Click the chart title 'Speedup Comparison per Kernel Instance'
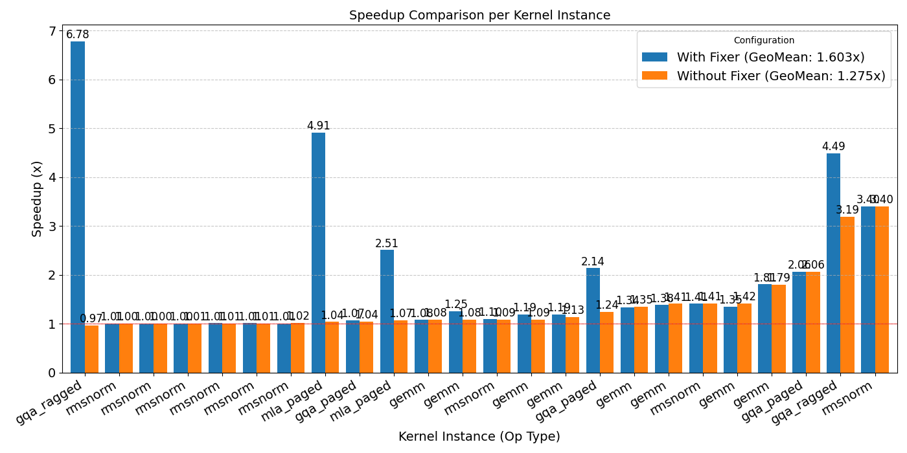click(479, 15)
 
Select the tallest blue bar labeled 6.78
click(78, 207)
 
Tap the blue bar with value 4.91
click(318, 252)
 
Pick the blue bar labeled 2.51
click(387, 311)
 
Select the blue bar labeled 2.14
click(593, 320)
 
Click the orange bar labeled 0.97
click(91, 349)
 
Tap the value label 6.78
click(78, 35)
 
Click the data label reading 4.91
click(318, 126)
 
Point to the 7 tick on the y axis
click(52, 32)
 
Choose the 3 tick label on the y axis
click(52, 226)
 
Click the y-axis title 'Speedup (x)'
click(38, 199)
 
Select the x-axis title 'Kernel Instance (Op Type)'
click(479, 437)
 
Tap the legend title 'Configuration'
click(764, 40)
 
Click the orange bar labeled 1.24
click(607, 342)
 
